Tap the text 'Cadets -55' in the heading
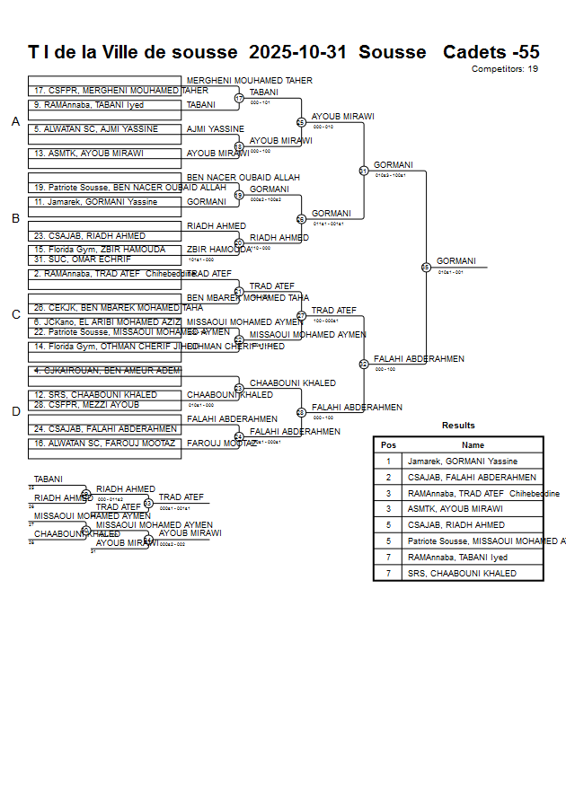(x=491, y=52)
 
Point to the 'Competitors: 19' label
(x=504, y=69)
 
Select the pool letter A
(x=15, y=122)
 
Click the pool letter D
(x=15, y=412)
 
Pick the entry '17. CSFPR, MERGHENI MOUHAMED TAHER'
(x=105, y=91)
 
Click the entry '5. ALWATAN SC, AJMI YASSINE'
(x=96, y=129)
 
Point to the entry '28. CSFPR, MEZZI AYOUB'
(x=87, y=405)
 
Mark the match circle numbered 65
(x=426, y=267)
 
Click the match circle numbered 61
(x=363, y=171)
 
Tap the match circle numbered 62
(x=363, y=365)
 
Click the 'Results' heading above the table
(x=458, y=426)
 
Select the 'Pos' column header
(x=388, y=445)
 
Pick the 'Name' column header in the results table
(x=473, y=445)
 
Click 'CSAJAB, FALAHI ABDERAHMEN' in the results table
(x=472, y=478)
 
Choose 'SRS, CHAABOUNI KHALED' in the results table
(x=462, y=573)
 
